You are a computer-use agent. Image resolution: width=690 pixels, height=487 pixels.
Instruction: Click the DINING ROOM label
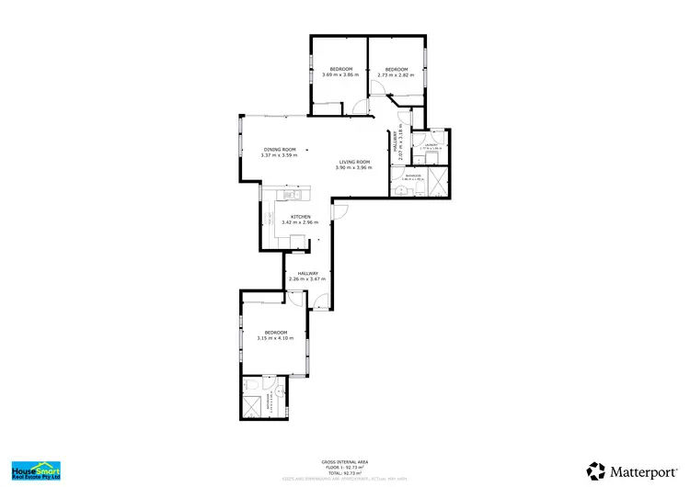(x=280, y=149)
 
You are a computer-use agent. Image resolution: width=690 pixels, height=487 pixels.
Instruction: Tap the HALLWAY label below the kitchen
(x=307, y=272)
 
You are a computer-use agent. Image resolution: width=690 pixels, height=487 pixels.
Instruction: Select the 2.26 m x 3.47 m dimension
(x=307, y=278)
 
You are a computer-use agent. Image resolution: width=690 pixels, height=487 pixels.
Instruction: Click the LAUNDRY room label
(x=431, y=144)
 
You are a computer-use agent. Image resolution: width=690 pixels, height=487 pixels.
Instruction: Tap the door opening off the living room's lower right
(x=339, y=210)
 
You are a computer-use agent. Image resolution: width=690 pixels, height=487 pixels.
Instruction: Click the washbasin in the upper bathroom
(x=402, y=189)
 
